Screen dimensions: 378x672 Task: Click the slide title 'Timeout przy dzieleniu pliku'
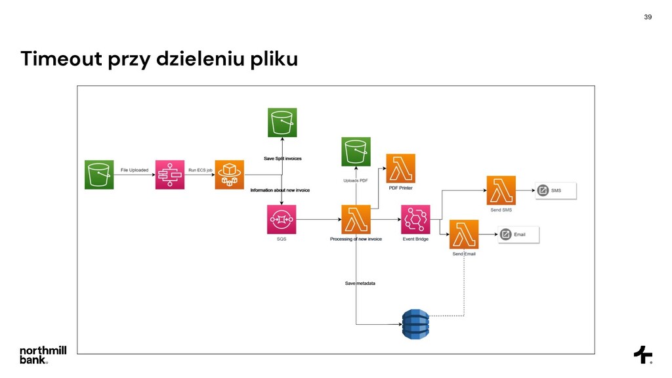pyautogui.click(x=159, y=60)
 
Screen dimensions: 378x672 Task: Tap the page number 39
pyautogui.click(x=648, y=16)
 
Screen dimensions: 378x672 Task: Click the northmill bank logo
pyautogui.click(x=43, y=354)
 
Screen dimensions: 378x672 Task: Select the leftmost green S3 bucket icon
pyautogui.click(x=99, y=175)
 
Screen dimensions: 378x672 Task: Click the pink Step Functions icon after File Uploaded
pyautogui.click(x=170, y=175)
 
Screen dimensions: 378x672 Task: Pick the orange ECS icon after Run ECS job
pyautogui.click(x=229, y=175)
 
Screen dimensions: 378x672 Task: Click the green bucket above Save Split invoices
pyautogui.click(x=282, y=123)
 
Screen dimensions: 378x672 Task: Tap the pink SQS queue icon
pyautogui.click(x=282, y=219)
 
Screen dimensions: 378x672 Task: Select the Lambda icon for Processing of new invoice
pyautogui.click(x=356, y=219)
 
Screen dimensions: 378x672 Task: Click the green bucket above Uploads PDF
pyautogui.click(x=356, y=152)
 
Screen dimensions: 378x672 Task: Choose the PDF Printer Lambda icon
pyautogui.click(x=400, y=168)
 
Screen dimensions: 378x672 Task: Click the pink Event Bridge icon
pyautogui.click(x=415, y=219)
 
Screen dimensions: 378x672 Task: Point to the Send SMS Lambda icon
pyautogui.click(x=501, y=190)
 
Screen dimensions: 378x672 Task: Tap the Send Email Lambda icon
pyautogui.click(x=463, y=234)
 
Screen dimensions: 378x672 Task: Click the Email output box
pyautogui.click(x=518, y=234)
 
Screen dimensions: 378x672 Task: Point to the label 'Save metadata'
pyautogui.click(x=360, y=283)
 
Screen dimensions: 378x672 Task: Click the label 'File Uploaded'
pyautogui.click(x=135, y=171)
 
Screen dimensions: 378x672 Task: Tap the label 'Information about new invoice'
pyautogui.click(x=280, y=190)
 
